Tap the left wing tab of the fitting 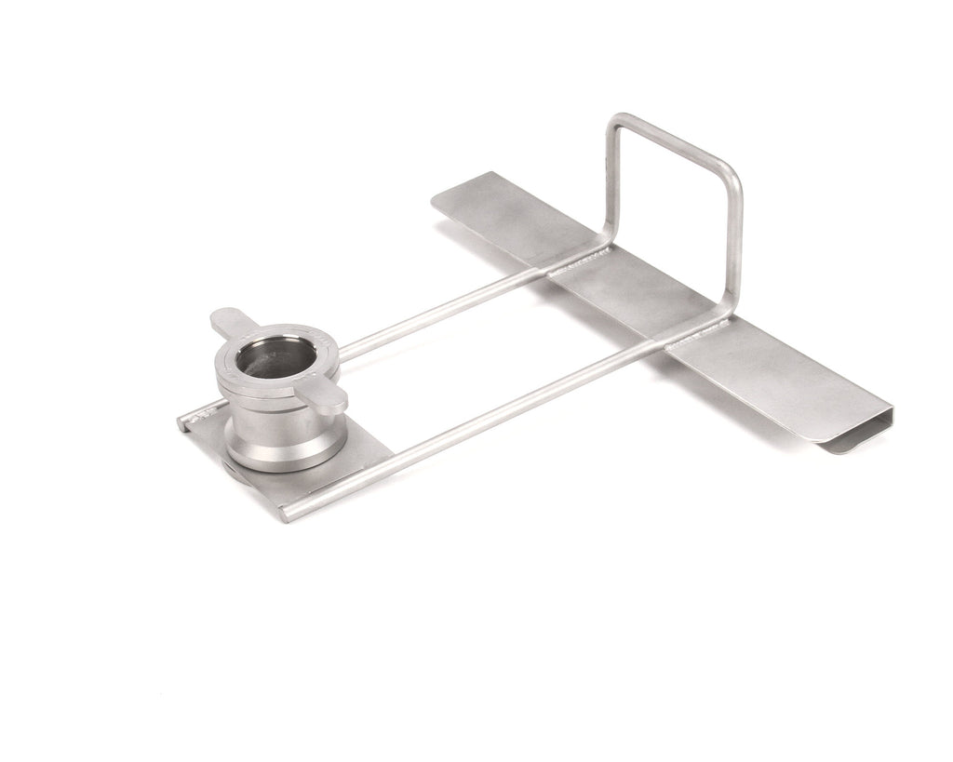(x=228, y=323)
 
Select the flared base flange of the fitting (x=277, y=452)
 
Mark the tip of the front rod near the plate (x=296, y=511)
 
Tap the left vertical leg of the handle (x=611, y=186)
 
